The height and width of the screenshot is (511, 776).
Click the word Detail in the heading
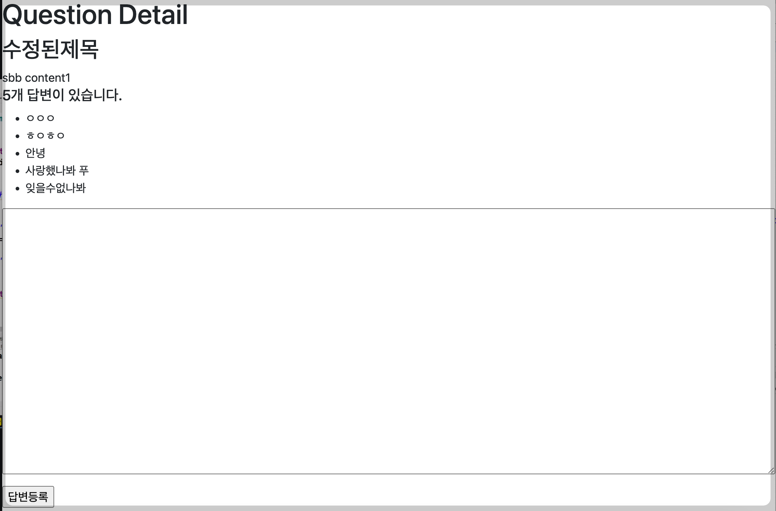[x=153, y=15]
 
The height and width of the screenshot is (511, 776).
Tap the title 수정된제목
[x=51, y=49]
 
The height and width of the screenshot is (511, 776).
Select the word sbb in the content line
[x=12, y=78]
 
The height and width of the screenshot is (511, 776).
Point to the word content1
[x=48, y=78]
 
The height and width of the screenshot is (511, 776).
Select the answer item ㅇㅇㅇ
[x=40, y=118]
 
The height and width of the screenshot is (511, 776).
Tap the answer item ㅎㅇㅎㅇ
[x=45, y=136]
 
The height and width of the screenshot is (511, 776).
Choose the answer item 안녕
[x=35, y=153]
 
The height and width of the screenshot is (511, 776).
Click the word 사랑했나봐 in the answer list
[x=50, y=170]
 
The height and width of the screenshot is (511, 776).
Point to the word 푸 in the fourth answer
[x=84, y=170]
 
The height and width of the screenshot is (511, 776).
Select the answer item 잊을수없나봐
[x=56, y=188]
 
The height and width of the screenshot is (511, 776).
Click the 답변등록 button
[x=28, y=496]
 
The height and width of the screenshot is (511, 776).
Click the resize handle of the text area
[x=771, y=470]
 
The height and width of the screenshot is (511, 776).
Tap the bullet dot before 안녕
[x=17, y=154]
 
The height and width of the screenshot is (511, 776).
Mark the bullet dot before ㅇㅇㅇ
[x=17, y=119]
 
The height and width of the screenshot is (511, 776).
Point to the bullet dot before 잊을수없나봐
[x=17, y=189]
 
